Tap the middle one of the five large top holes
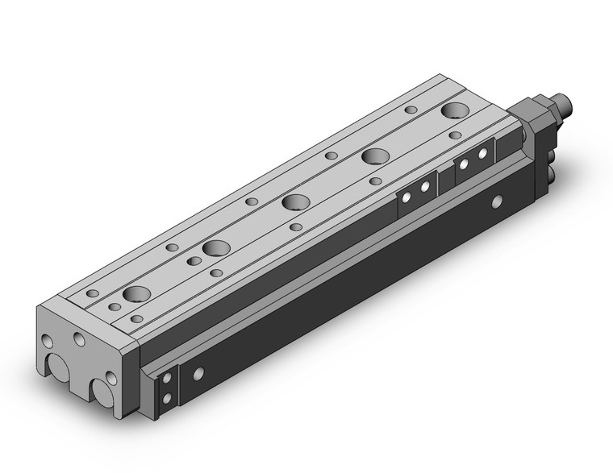tap(294, 201)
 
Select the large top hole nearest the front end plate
tap(136, 294)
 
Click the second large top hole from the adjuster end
tap(373, 156)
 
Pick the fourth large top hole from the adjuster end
tap(215, 248)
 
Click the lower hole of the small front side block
tap(166, 398)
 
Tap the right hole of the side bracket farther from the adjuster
tap(423, 187)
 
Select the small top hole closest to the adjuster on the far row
tap(411, 109)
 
